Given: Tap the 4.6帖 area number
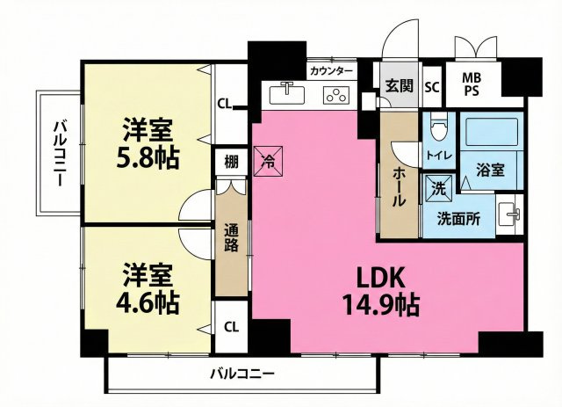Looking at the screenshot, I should point(148,303).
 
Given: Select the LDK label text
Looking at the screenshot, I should point(379,278).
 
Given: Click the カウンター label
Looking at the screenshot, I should point(331,70).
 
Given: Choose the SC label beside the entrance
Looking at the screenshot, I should point(431,87).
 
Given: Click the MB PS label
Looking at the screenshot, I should point(472,84).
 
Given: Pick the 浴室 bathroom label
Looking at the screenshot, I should point(490,169).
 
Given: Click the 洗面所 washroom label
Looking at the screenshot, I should point(458,221).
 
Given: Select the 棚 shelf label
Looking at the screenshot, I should point(230,162).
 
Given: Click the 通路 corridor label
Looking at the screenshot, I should point(233,237).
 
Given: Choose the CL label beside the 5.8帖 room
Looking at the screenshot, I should point(225,104).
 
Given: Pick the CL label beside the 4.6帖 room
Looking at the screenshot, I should point(230,327).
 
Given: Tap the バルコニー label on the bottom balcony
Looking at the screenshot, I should point(242,374).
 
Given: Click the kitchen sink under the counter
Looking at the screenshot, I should point(285,91).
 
